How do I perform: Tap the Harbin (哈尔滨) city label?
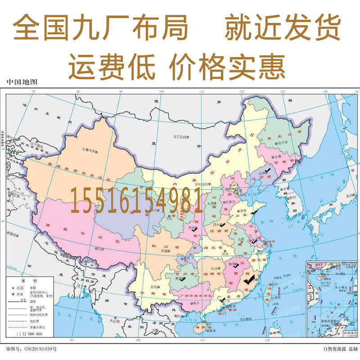point(282,142)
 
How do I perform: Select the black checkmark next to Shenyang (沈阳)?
point(269,171)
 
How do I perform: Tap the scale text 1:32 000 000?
point(29,334)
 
